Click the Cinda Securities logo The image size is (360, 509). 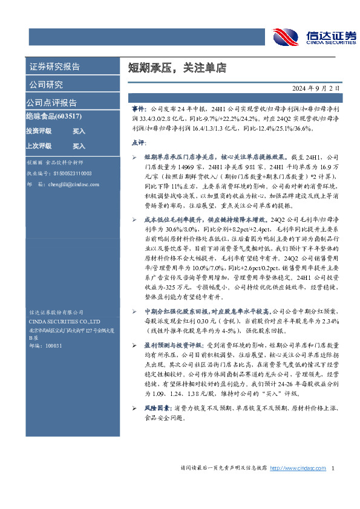coord(313,36)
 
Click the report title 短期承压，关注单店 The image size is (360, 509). coord(160,67)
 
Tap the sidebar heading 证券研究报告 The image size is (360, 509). coord(54,66)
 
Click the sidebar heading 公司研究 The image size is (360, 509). coord(46,85)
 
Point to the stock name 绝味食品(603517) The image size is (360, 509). coord(54,116)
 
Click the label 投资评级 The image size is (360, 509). coord(39,131)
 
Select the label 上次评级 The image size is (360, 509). coord(39,146)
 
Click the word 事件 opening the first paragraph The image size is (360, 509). coord(139,107)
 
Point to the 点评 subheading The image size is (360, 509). coord(139,143)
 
